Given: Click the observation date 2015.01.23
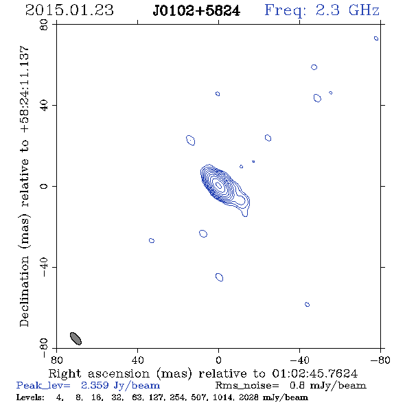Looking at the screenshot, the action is click(x=69, y=10).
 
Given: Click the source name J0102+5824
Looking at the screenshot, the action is click(x=196, y=11).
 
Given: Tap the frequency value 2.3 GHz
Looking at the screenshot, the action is click(x=347, y=10).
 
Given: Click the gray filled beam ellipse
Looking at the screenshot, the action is click(x=76, y=338).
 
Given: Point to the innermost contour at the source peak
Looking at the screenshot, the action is click(x=218, y=185).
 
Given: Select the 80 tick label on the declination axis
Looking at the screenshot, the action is click(x=44, y=25).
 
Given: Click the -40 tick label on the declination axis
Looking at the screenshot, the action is click(x=44, y=267).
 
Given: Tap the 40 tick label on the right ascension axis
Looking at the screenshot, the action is click(x=137, y=360).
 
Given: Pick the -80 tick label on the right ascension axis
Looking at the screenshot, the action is click(x=380, y=360).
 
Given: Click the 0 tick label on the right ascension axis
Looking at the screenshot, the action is click(x=218, y=360).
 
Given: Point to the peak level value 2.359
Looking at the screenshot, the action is click(x=95, y=385).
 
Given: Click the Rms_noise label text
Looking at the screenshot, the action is click(x=247, y=386).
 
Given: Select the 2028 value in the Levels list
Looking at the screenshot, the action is click(x=248, y=397).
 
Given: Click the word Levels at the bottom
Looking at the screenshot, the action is click(x=30, y=397).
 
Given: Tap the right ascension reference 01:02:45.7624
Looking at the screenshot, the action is click(x=315, y=373).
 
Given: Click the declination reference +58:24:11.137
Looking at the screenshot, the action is click(x=25, y=89).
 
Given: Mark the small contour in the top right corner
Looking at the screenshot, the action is click(x=376, y=38).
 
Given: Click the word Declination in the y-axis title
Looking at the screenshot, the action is click(x=24, y=291).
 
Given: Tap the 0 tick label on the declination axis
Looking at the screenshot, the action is click(x=44, y=186).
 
